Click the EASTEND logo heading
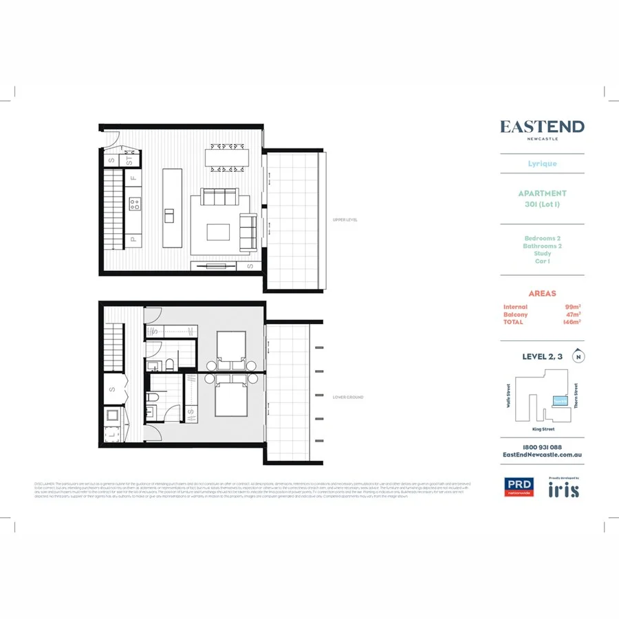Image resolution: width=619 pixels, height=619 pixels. click(542, 127)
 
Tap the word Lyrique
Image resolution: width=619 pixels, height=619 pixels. click(542, 164)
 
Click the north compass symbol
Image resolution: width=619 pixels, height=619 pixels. click(580, 356)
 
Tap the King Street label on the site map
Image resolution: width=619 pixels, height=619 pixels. click(543, 429)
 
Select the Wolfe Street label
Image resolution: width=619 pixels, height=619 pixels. click(509, 396)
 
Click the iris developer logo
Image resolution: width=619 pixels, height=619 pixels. click(563, 490)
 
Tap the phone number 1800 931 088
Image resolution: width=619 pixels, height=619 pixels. click(542, 447)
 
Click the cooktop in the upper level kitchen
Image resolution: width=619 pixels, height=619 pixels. click(135, 204)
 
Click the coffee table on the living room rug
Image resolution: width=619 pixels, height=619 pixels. click(219, 231)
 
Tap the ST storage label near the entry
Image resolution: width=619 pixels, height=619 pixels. click(129, 161)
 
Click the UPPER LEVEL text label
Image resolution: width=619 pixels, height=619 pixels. click(345, 220)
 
